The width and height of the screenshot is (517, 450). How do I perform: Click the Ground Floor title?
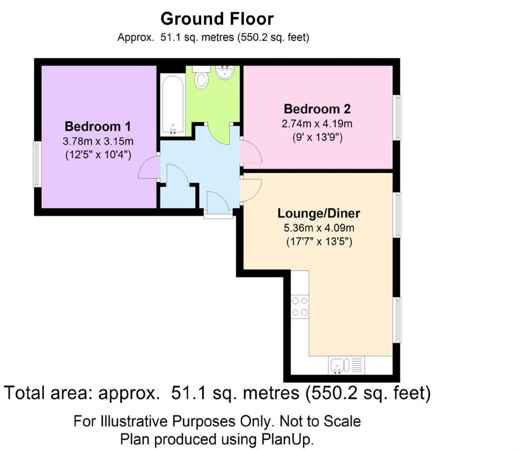click(217, 19)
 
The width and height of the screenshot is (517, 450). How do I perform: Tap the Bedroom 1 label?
click(98, 127)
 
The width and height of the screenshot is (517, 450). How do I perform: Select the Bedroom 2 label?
click(317, 109)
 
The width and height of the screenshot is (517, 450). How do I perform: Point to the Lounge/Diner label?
click(318, 213)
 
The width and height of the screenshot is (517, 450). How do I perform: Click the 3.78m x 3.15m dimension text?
click(98, 141)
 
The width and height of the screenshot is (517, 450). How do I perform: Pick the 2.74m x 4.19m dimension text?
click(317, 124)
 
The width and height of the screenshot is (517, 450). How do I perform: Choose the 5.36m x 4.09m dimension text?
click(319, 228)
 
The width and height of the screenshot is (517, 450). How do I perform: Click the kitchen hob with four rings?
click(300, 307)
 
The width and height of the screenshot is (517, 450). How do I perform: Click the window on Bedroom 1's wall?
click(37, 164)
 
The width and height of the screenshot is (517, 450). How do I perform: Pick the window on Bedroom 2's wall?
click(398, 118)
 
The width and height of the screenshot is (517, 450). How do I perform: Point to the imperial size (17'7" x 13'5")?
click(319, 242)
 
